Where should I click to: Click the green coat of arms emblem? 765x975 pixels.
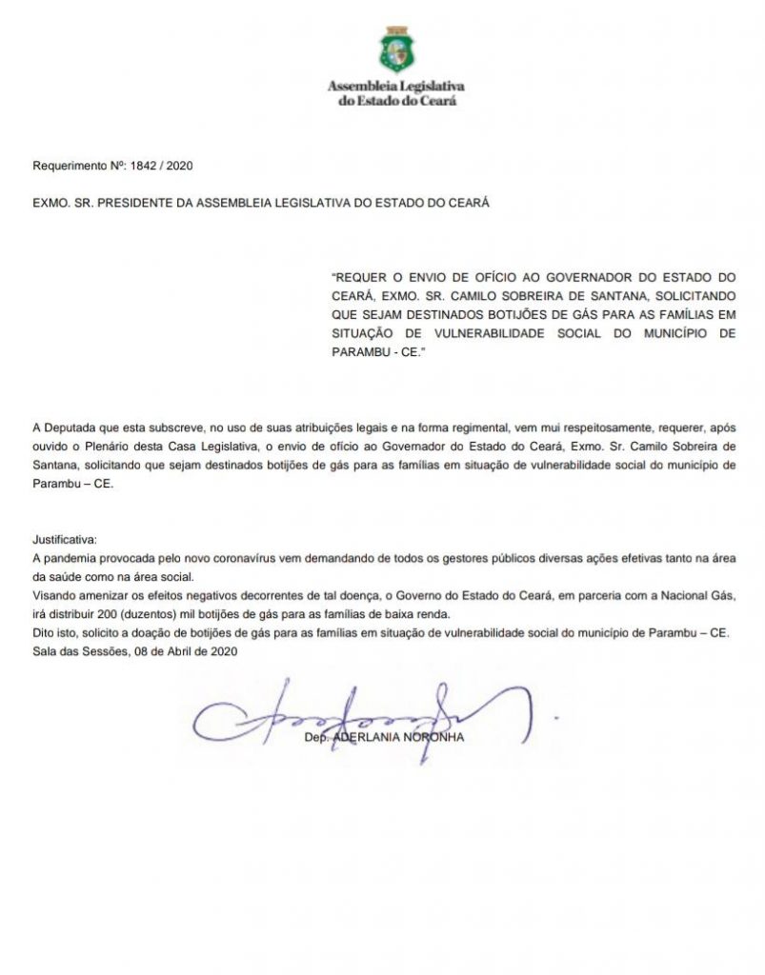click(391, 49)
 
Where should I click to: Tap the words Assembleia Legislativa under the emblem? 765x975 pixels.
click(392, 87)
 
